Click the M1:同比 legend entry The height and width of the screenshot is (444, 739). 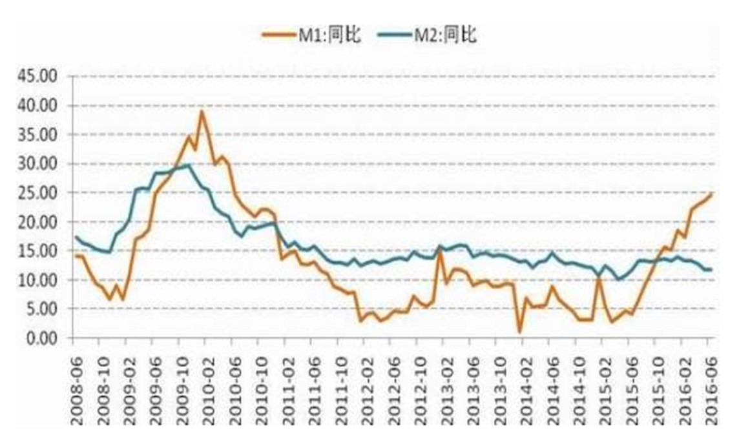point(310,35)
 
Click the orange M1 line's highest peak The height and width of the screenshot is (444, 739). point(202,111)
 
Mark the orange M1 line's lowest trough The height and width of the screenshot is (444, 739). point(519,332)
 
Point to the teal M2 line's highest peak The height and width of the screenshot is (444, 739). point(188,165)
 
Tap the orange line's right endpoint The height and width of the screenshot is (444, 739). point(711,194)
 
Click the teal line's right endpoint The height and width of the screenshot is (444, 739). point(711,269)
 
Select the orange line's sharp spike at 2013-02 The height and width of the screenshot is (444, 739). point(439,248)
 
